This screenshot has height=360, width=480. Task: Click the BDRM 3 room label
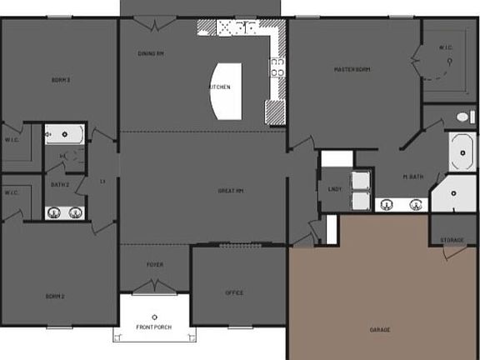tap(60, 80)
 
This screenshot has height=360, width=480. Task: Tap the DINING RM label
tap(150, 53)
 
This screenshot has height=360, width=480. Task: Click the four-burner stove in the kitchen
tap(277, 67)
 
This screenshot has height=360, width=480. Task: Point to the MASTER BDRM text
tap(352, 69)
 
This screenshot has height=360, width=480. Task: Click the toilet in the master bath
tap(464, 117)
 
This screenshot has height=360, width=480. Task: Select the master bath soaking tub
tap(462, 152)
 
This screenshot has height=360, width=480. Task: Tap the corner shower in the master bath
tap(452, 194)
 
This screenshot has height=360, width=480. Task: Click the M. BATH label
tap(414, 177)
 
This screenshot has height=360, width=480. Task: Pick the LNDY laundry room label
tap(334, 189)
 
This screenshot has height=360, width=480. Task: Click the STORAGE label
tap(452, 241)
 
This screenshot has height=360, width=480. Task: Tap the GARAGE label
tap(380, 329)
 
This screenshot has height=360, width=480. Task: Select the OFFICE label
tap(234, 292)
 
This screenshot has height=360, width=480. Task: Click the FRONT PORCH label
tap(154, 327)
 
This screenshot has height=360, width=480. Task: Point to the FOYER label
tap(155, 265)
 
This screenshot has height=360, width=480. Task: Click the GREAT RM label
tap(230, 191)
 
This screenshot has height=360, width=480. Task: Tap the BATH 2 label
tap(60, 184)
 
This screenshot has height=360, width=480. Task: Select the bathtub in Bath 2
tap(63, 133)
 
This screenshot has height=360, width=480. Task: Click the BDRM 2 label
tap(55, 296)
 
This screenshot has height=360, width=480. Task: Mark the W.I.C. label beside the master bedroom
tap(444, 47)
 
